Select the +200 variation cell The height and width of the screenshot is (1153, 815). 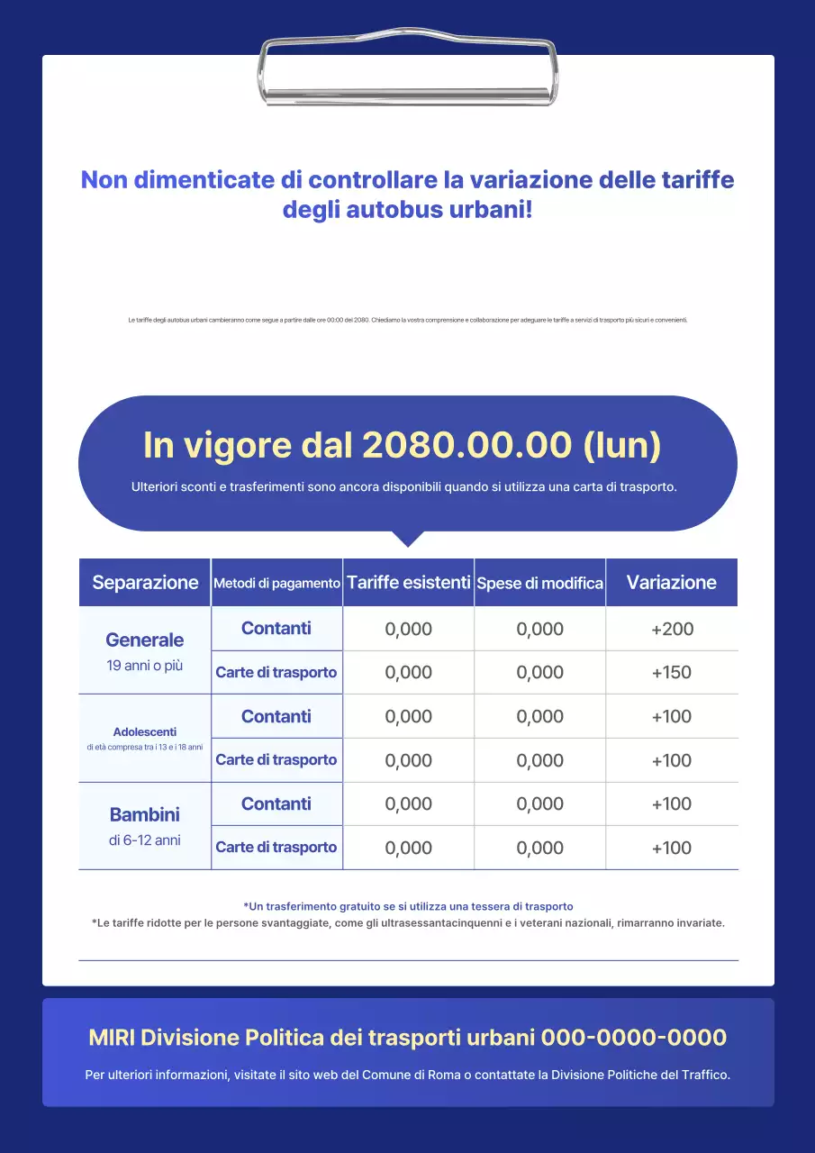pos(672,629)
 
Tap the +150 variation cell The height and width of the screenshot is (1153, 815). pos(672,673)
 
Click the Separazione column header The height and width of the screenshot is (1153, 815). pos(145,582)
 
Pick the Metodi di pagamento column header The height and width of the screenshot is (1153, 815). pos(276,583)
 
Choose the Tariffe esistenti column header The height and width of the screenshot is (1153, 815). pos(408,582)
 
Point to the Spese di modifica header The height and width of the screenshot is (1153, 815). pos(539,583)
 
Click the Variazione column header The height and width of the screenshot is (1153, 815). pos(672,582)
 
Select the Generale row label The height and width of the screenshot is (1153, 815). pos(145,640)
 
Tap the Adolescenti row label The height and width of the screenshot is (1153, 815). pos(145,731)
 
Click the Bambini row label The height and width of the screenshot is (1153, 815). pos(145,815)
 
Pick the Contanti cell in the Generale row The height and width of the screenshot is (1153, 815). pos(276,628)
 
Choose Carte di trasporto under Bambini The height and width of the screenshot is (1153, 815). pos(276,847)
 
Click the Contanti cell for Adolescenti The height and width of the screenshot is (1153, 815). pos(276,716)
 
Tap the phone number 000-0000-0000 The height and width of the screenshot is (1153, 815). pos(634,1038)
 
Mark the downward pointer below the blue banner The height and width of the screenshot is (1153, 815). pos(408,538)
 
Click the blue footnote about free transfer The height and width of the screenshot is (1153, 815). pos(408,906)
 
